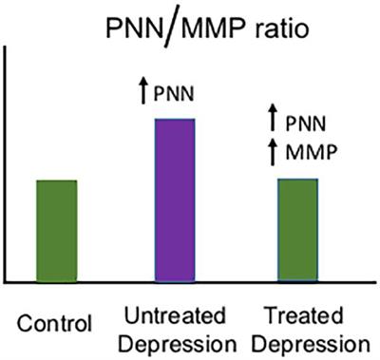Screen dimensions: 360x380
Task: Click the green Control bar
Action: [x=56, y=230]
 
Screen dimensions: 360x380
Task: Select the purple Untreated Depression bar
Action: [x=174, y=200]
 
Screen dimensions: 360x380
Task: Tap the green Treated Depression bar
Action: [x=296, y=230]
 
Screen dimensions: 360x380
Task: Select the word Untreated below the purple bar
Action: [x=175, y=314]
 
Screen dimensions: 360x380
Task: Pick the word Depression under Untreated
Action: [x=175, y=340]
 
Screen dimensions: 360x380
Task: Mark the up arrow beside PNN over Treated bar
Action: [x=273, y=121]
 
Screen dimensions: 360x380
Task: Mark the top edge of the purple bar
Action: [x=174, y=120]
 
